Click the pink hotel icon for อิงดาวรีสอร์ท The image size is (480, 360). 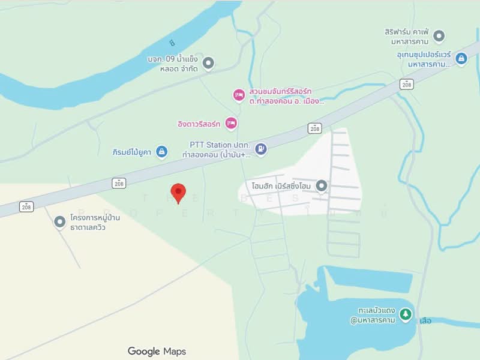231,124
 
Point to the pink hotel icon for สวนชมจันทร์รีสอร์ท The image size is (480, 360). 239,95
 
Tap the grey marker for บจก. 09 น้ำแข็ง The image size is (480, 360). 208,62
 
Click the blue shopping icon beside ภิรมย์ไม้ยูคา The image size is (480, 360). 161,152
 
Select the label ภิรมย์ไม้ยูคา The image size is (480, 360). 132,152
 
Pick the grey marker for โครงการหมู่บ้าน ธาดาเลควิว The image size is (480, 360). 59,222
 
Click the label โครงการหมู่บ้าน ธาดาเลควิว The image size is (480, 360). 95,222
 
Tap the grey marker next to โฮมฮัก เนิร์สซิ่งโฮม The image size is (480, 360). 322,186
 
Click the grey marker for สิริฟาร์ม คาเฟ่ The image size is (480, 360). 439,36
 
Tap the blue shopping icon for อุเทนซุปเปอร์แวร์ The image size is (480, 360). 461,58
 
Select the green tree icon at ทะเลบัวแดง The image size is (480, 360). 406,314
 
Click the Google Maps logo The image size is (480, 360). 157,352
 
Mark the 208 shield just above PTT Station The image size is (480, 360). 316,128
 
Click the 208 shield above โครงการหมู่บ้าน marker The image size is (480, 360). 25,207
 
